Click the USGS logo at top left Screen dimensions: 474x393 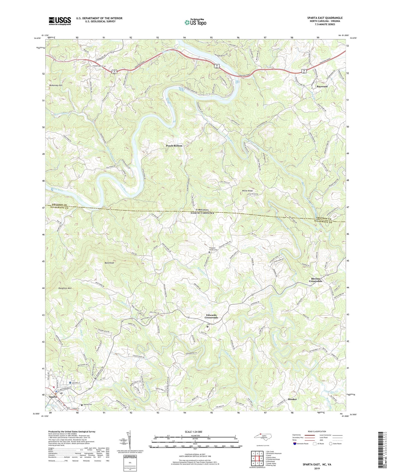point(60,21)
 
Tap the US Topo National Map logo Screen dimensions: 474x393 point(195,22)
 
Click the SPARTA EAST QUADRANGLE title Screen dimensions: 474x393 point(325,18)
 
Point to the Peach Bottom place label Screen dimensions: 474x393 point(174,146)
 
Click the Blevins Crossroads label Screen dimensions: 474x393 point(315,280)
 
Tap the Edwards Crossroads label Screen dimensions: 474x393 point(211,316)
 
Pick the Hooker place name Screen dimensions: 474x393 point(292,399)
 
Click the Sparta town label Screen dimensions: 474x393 point(53,397)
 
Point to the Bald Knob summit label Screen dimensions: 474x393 point(109,263)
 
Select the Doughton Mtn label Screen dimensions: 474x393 point(65,288)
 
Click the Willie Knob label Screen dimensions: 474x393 point(247,191)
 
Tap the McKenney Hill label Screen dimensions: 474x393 point(56,85)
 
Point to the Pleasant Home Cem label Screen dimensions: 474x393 point(209,249)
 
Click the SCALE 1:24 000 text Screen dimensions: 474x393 point(195,432)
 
